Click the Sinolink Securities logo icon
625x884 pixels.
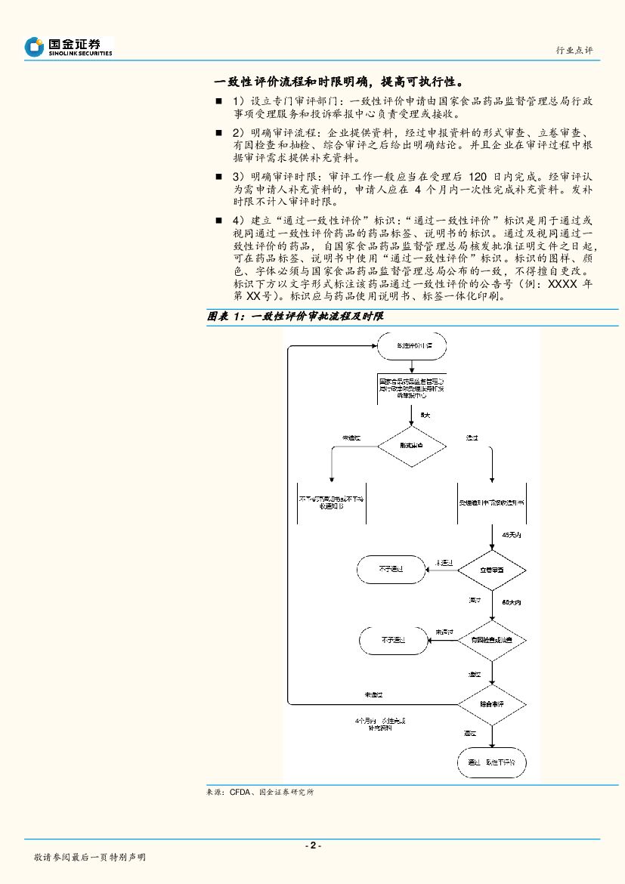[34, 47]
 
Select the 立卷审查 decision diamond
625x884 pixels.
[492, 568]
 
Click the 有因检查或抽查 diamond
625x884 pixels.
[492, 640]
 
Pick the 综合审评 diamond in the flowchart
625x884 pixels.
[492, 703]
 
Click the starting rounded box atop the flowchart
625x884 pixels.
[411, 346]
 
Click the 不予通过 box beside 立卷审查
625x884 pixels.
[391, 568]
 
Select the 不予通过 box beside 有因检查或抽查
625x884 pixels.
[391, 640]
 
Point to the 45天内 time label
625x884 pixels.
[512, 535]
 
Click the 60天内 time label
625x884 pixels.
[512, 603]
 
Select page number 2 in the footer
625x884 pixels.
[312, 845]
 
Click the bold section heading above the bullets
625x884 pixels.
[338, 82]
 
